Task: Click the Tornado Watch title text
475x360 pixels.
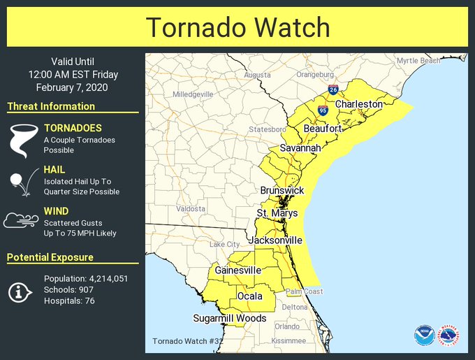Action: tap(237, 27)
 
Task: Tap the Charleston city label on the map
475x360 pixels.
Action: tap(358, 104)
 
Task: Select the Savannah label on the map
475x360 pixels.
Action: tap(300, 148)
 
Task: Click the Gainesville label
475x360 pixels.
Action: tap(237, 270)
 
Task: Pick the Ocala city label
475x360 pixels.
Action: tap(249, 296)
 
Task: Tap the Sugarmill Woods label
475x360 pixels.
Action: tap(230, 318)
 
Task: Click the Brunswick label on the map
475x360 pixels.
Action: tap(282, 190)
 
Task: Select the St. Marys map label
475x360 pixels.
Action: tap(277, 213)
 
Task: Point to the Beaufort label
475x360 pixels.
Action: tap(323, 129)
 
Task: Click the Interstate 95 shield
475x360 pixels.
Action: tap(322, 110)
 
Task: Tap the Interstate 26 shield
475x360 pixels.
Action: tap(333, 90)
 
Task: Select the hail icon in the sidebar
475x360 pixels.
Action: tap(19, 183)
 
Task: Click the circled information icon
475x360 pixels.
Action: tap(19, 292)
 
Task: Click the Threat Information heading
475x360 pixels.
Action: tap(51, 106)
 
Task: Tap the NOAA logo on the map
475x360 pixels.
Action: tap(423, 336)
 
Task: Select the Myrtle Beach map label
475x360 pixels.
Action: tap(418, 61)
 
